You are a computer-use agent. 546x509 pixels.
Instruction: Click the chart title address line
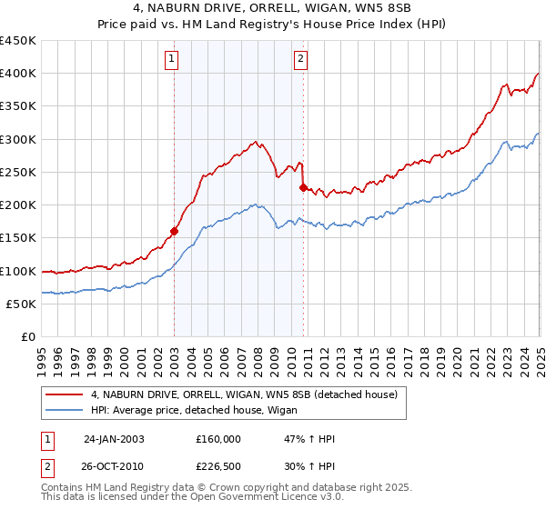pos(273,8)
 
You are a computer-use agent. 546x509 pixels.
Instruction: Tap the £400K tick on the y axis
pos(18,74)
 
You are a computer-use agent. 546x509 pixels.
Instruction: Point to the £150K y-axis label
pos(18,238)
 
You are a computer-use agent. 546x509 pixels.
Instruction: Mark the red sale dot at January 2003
pos(174,231)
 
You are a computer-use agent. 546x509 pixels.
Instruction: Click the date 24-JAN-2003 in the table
pos(114,438)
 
